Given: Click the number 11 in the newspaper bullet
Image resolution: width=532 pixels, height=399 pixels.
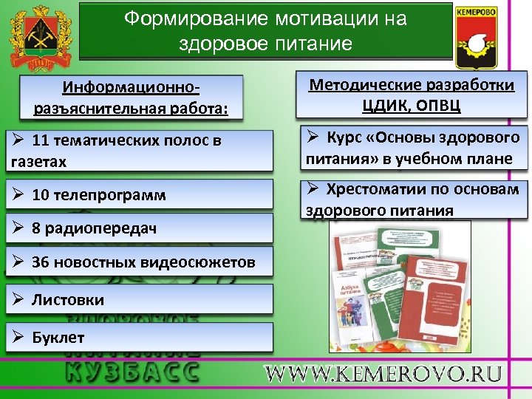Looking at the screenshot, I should pyautogui.click(x=41, y=140).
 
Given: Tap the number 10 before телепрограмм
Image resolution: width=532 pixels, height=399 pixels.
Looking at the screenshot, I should pyautogui.click(x=41, y=195).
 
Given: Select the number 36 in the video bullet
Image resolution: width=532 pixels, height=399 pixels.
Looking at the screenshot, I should pyautogui.click(x=41, y=262).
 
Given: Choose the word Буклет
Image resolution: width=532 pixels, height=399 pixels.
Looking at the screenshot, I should pyautogui.click(x=58, y=338).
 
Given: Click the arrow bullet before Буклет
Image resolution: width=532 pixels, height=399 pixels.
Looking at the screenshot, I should pyautogui.click(x=19, y=338).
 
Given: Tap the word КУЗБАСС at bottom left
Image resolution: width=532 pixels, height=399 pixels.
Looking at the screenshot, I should pyautogui.click(x=132, y=370).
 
